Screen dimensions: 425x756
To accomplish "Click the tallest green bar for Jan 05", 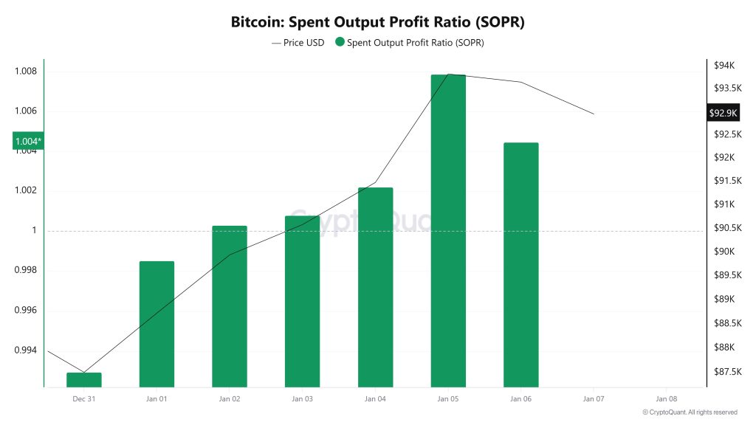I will (x=448, y=230).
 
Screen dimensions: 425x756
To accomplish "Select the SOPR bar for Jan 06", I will (x=520, y=264).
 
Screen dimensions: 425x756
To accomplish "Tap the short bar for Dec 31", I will (x=84, y=379).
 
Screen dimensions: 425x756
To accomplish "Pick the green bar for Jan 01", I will (x=157, y=324).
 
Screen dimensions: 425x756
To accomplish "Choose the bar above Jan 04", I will (x=375, y=287).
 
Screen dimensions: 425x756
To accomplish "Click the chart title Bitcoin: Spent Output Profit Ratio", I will (x=377, y=22).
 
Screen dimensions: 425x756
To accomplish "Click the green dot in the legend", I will (x=340, y=43).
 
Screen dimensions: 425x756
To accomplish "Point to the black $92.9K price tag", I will (x=722, y=113).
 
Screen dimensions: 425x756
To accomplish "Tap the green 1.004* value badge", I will (x=28, y=141).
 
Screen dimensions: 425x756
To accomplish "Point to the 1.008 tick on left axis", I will (x=25, y=72).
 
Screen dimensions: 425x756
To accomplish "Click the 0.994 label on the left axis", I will (x=25, y=350).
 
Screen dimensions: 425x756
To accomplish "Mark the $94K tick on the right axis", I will (x=724, y=66).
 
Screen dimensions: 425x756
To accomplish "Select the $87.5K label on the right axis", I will (x=726, y=372).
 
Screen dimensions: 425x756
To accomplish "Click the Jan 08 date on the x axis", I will (x=666, y=398).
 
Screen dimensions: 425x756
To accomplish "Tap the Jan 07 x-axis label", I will (x=594, y=398).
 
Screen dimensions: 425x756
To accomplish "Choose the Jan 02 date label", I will (x=230, y=398).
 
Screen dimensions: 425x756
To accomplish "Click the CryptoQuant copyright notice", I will (x=690, y=412).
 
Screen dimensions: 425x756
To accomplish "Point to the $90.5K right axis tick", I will (x=726, y=227).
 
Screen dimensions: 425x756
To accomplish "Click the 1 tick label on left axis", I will (x=33, y=230).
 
